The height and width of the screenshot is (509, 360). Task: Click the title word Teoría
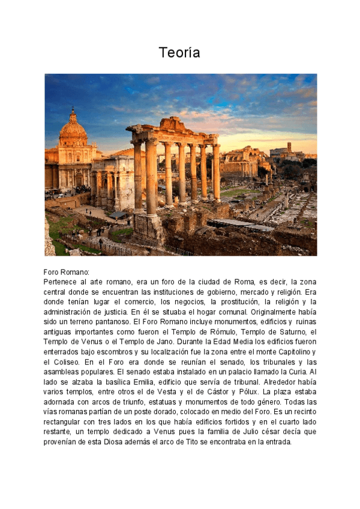coord(179,53)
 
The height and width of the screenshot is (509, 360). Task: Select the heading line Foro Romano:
coord(66,272)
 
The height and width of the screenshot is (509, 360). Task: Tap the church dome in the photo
coord(73,128)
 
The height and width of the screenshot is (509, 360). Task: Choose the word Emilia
coord(137,382)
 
